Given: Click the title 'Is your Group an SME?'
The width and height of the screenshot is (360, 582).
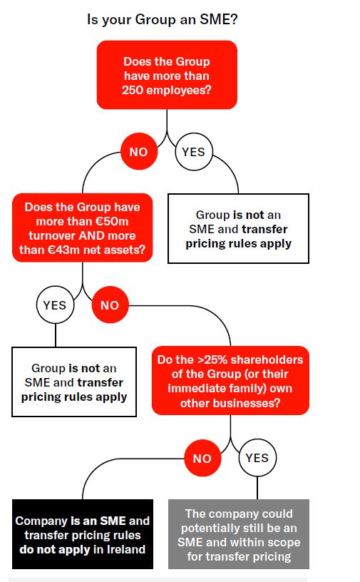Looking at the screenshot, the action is tap(163, 19).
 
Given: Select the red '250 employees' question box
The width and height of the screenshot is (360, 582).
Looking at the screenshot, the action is tap(167, 75).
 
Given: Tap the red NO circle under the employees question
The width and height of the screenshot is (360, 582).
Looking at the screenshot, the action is tap(139, 151).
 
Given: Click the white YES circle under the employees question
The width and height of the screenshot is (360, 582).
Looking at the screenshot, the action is tap(194, 151).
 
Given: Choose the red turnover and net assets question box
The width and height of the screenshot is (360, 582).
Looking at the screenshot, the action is tap(83, 228).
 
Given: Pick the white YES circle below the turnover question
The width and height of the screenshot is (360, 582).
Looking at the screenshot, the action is tap(55, 305).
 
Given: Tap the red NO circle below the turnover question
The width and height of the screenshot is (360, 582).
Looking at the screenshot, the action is tap(110, 305).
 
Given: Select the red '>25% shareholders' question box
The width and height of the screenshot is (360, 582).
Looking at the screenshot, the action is tap(230, 381).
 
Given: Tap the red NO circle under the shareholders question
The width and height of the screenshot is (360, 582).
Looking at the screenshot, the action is tap(202, 458).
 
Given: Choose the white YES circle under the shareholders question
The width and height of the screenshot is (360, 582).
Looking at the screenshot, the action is tap(257, 458).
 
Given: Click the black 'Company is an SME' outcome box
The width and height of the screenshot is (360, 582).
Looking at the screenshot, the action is tap(83, 534).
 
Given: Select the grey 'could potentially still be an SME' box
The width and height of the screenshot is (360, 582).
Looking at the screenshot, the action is tap(239, 534).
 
